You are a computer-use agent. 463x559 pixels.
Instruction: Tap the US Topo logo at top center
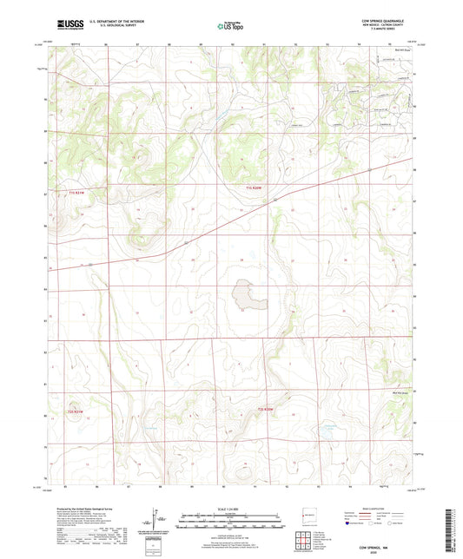(230, 27)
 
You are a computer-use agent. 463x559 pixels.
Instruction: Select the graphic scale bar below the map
(231, 522)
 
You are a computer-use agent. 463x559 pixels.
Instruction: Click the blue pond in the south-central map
(328, 429)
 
